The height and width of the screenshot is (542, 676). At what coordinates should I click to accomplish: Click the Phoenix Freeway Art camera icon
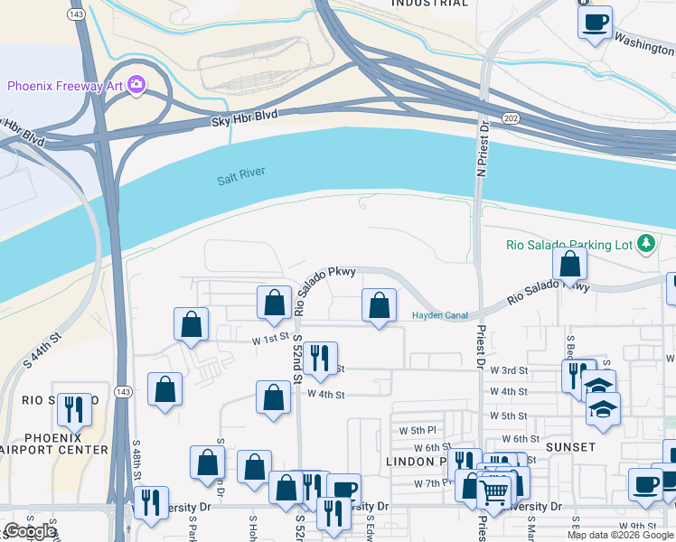coord(136,86)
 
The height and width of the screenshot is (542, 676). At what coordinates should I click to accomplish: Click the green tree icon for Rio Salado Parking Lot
coord(646,243)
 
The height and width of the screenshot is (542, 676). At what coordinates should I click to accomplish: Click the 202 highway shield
coord(512,119)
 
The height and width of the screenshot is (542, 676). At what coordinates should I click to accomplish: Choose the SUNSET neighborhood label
coord(570,447)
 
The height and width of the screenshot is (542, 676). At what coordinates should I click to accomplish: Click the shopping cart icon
coord(494,492)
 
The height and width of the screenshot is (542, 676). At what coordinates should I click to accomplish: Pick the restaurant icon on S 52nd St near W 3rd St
coord(320,358)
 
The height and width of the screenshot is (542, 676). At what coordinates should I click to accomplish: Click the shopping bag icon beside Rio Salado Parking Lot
coord(570,264)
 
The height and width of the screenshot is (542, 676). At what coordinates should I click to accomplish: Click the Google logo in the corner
coord(29,532)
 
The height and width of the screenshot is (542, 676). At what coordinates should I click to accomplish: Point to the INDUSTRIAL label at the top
coord(431,4)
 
